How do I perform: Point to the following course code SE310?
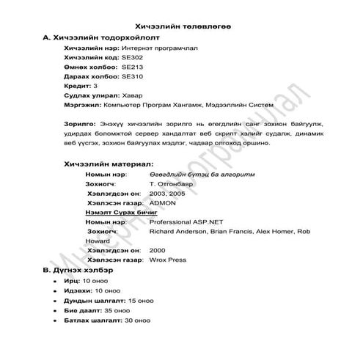click(132, 76)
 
